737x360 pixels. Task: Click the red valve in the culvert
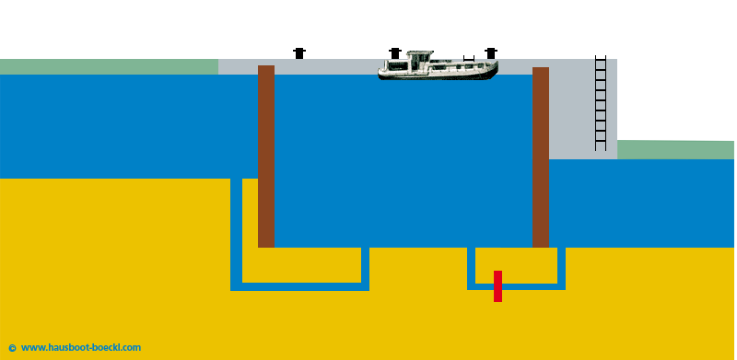497,285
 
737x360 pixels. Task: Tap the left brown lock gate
266,157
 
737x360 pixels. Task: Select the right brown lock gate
541,157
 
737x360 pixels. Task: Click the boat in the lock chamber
438,66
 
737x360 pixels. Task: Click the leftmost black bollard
299,53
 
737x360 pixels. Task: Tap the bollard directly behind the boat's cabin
395,52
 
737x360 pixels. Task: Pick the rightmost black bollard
490,53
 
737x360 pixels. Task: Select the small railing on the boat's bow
470,59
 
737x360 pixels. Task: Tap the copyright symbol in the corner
12,348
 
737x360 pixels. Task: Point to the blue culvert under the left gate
299,286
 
